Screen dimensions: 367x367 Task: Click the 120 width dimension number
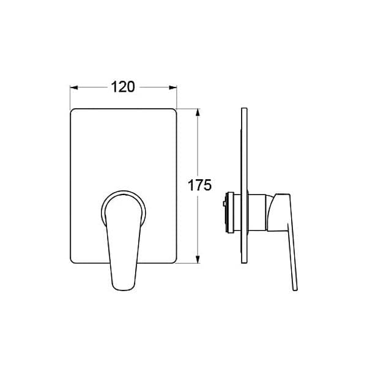point(123,87)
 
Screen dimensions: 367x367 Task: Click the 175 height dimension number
point(199,185)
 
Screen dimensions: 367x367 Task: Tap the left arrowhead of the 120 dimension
point(74,87)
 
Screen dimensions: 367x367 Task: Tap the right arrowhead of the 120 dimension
point(173,87)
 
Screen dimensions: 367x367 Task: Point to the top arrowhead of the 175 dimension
point(198,113)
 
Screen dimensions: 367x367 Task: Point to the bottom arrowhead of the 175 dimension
point(198,259)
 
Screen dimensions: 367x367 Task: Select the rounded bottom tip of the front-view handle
point(124,290)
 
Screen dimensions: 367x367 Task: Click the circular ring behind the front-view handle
point(124,193)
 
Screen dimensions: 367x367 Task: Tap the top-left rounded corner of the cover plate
point(72,110)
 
